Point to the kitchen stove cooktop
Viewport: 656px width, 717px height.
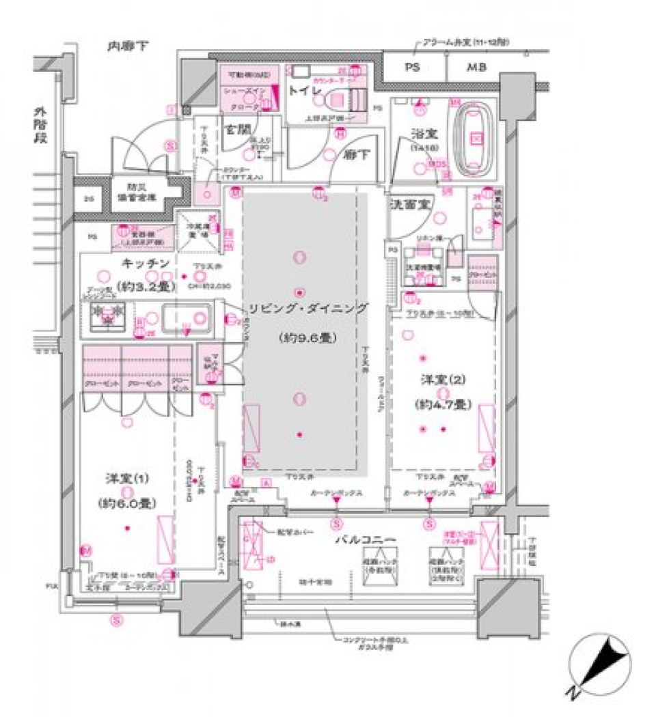[106, 315]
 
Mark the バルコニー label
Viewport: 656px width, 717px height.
[367, 539]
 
